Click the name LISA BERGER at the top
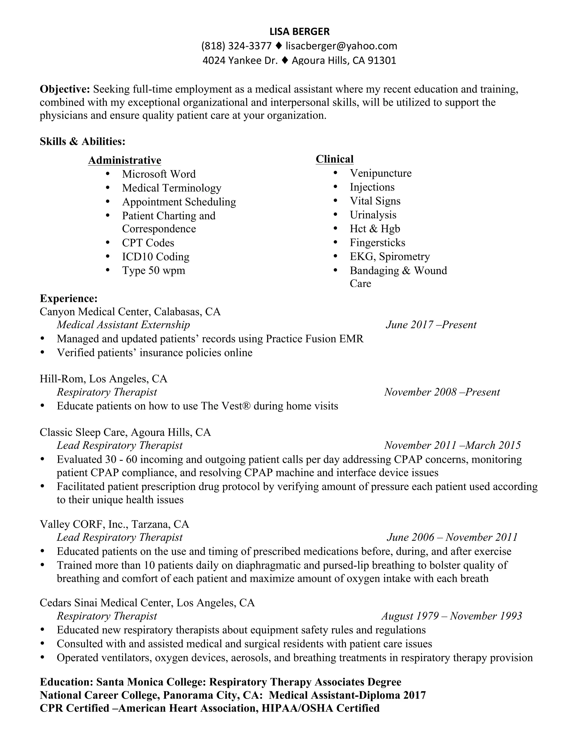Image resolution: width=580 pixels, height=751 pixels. pyautogui.click(x=299, y=32)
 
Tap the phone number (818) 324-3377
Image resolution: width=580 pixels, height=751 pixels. pyautogui.click(x=236, y=46)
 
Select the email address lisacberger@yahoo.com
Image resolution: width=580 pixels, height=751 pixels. pyautogui.click(x=341, y=46)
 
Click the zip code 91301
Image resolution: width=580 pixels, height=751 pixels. pyautogui.click(x=382, y=61)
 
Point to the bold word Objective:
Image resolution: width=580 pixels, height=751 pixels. pyautogui.click(x=65, y=89)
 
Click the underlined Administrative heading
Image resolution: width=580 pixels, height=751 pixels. pyautogui.click(x=124, y=161)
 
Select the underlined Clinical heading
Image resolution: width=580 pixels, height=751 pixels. pyautogui.click(x=334, y=159)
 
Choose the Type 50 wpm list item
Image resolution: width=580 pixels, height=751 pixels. pyautogui.click(x=153, y=271)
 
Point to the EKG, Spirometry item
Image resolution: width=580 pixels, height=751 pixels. pyautogui.click(x=390, y=256)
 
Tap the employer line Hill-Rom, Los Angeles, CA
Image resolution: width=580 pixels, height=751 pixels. pyautogui.click(x=103, y=379)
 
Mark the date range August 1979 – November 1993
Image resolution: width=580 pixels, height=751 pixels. pyautogui.click(x=451, y=616)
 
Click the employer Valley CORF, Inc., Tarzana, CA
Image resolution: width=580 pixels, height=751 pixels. pyautogui.click(x=114, y=524)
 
